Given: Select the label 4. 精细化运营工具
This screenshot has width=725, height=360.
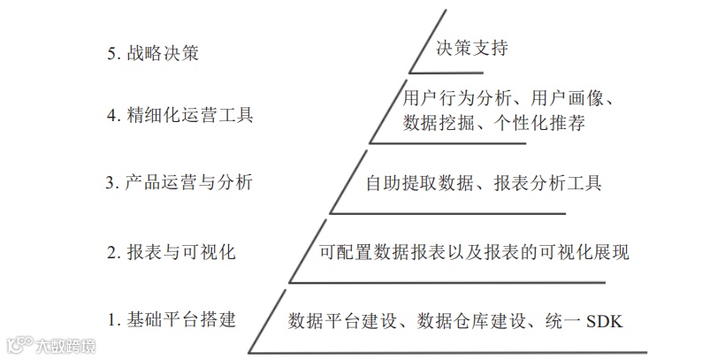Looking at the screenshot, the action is pos(180,116).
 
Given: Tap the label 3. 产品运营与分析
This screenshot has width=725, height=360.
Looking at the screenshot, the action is pos(179,183).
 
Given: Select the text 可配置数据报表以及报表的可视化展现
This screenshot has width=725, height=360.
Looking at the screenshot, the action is pos(475,252).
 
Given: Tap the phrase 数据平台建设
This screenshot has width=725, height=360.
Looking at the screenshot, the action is pos(335,320).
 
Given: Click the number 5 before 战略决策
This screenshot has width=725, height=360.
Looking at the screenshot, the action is pos(111,53).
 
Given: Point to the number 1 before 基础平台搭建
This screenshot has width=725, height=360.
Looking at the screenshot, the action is pos(111,319).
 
